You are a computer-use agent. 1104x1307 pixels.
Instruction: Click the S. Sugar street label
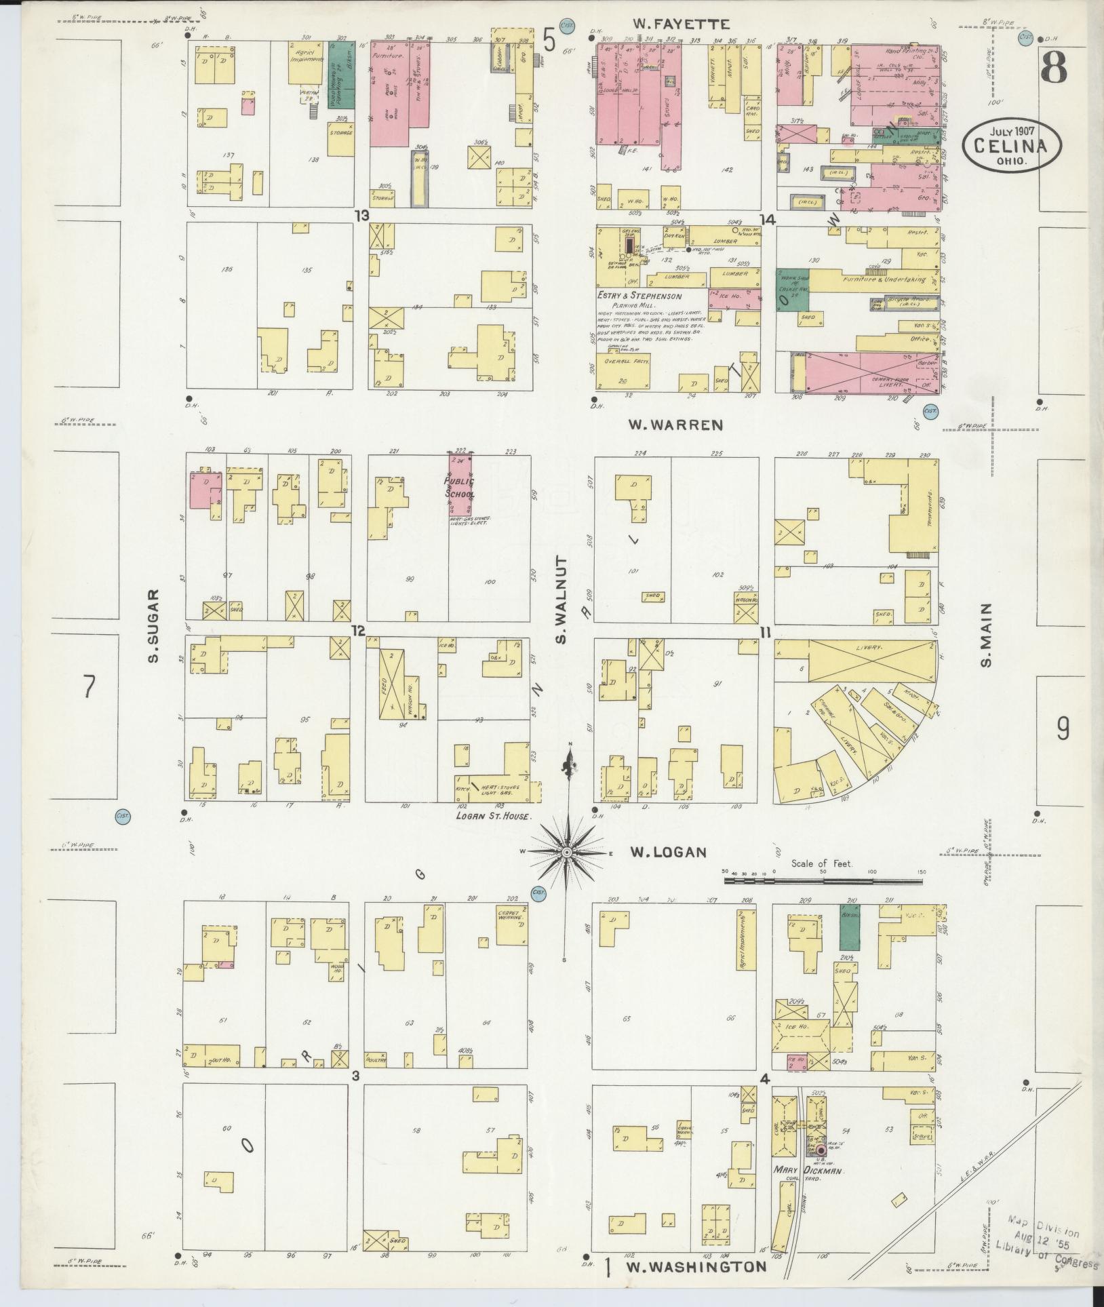[153, 625]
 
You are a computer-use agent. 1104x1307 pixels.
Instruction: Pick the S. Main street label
[986, 635]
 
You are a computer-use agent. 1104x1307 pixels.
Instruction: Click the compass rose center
[566, 851]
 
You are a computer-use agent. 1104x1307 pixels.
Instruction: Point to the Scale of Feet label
[822, 865]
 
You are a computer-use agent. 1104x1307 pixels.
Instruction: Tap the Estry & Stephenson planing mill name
[639, 296]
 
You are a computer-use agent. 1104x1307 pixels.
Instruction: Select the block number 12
[358, 631]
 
